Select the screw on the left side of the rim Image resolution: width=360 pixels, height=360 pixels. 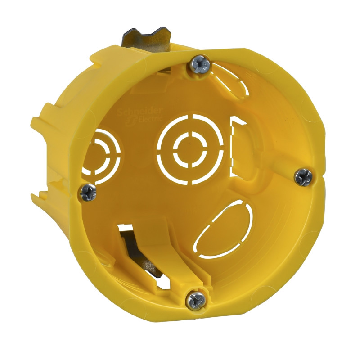coord(87,193)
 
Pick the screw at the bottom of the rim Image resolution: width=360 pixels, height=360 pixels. coord(197,297)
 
